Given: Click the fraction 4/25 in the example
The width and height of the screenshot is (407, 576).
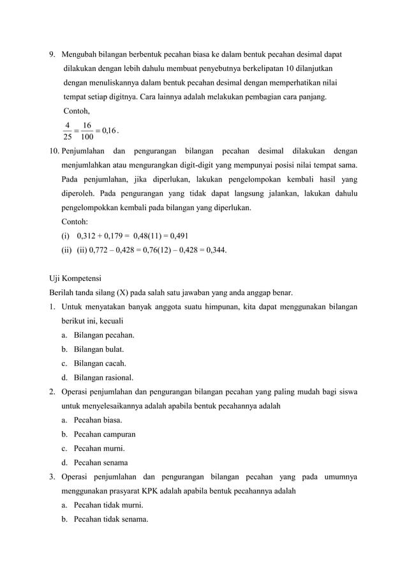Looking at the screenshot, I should click(68, 130).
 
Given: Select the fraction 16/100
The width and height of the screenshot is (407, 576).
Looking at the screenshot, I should click(87, 130).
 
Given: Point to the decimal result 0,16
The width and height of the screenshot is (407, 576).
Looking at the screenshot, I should click(108, 131).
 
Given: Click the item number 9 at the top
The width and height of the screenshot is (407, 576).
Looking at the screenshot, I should click(52, 54).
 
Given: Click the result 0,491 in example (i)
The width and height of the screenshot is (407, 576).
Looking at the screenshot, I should click(175, 236).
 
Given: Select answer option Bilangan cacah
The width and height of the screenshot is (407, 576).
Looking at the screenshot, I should click(100, 363).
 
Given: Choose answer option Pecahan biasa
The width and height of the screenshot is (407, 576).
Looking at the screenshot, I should click(98, 420).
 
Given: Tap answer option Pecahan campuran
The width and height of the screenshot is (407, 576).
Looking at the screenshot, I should click(104, 434).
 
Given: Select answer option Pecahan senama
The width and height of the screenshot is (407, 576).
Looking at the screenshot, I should click(101, 462).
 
